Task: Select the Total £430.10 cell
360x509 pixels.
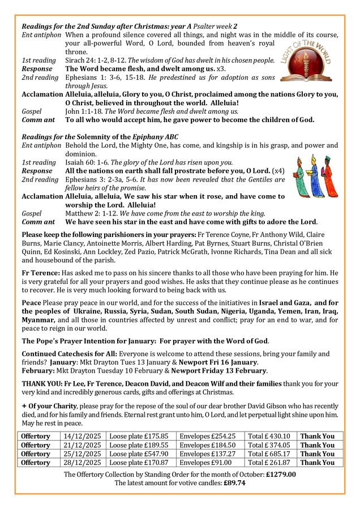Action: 269,436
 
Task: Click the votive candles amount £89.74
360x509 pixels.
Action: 234,483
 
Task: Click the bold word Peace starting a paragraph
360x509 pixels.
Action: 31,304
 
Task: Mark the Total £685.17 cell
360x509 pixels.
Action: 269,454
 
